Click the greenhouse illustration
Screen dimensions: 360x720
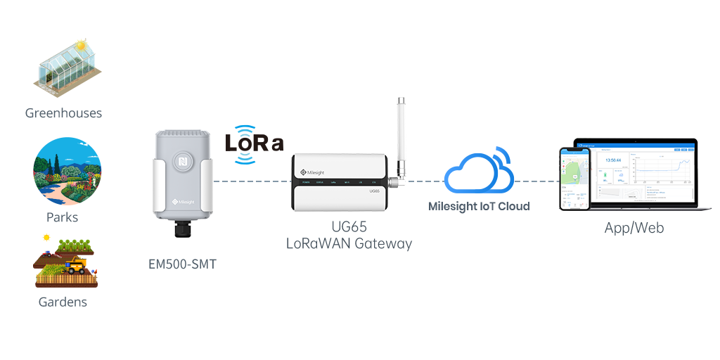(67, 68)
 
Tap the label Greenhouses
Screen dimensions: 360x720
(63, 113)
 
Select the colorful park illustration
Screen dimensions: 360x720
(67, 171)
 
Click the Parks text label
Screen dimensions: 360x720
(63, 217)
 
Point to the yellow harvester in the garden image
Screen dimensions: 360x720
(76, 266)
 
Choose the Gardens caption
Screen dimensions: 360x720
(63, 302)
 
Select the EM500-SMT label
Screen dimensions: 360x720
(182, 265)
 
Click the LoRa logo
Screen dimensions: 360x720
(254, 144)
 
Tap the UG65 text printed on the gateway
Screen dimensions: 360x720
(374, 191)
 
